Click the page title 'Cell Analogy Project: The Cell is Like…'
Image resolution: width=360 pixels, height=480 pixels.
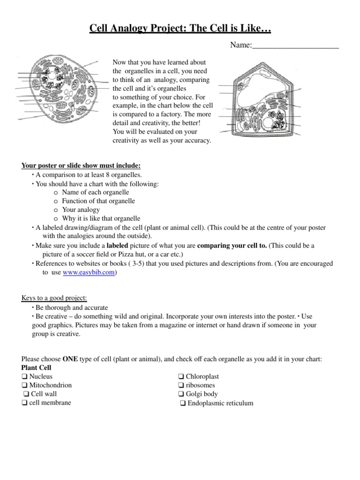click(180, 30)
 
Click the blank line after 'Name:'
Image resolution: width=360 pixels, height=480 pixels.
click(295, 46)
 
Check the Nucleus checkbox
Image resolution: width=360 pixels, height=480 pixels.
click(24, 376)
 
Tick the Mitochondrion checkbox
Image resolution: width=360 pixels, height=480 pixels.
click(24, 385)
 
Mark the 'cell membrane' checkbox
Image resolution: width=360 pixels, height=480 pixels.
click(24, 403)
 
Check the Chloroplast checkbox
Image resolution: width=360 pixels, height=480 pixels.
click(181, 376)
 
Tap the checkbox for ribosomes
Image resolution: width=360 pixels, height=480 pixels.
click(181, 385)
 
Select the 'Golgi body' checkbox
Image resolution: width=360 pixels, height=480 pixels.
click(181, 394)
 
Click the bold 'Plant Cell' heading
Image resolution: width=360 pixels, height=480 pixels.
click(37, 368)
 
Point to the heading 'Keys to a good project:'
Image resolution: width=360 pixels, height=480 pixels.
click(54, 299)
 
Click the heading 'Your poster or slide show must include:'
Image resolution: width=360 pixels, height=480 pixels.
click(81, 166)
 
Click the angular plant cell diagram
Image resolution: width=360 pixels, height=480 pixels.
click(260, 100)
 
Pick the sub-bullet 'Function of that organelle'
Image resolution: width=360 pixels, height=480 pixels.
click(98, 201)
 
